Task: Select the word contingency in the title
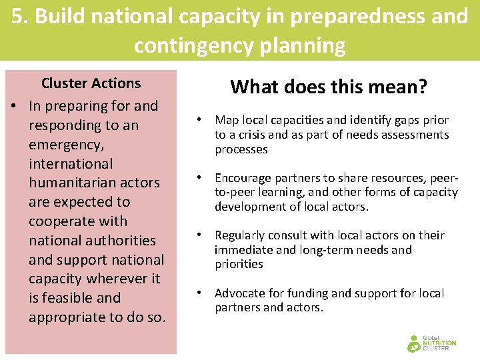tap(199, 46)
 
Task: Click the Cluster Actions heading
tap(91, 83)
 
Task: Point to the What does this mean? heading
tap(329, 87)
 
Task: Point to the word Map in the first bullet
tap(227, 120)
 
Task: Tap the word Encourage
tap(242, 178)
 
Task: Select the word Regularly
tap(239, 235)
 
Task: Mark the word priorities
tap(239, 264)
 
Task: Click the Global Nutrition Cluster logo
tap(432, 343)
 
